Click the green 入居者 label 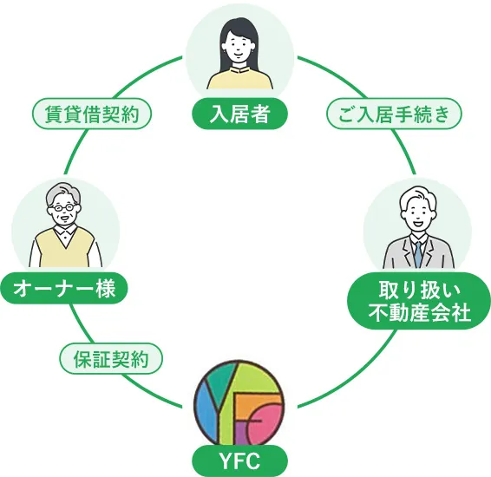coord(240,114)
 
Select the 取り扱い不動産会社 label coord(418,300)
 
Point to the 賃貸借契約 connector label coord(91,114)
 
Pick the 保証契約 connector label coord(111,356)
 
